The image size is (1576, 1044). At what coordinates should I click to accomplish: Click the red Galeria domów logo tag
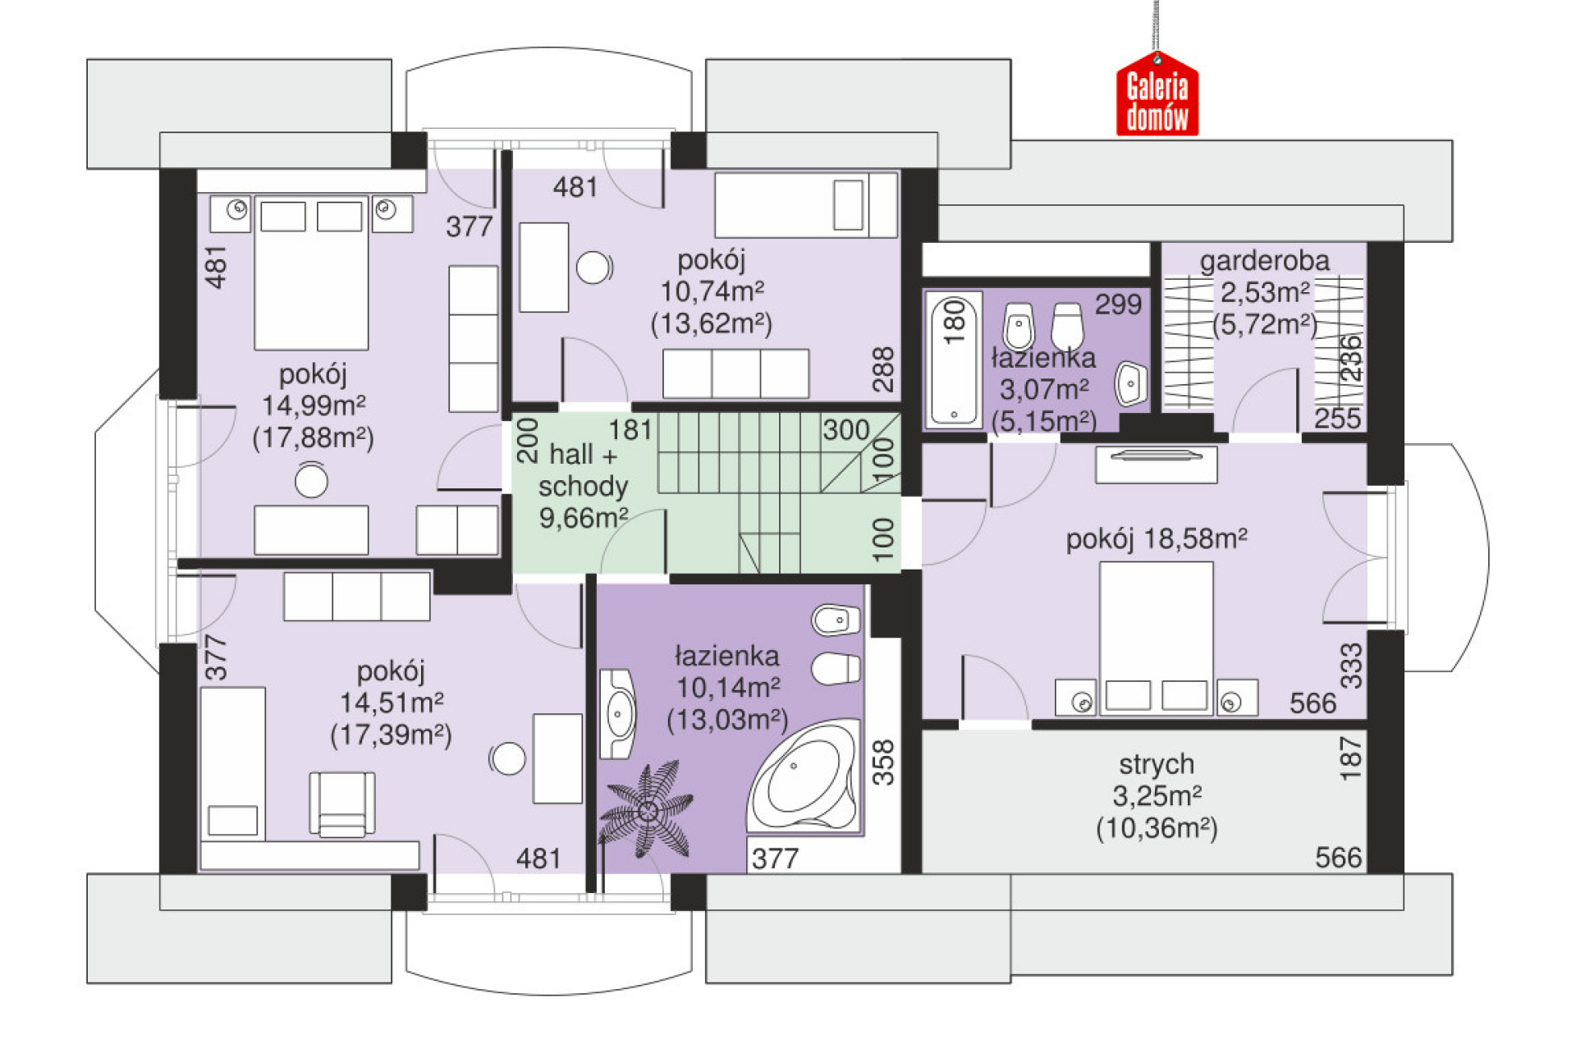coord(1157,95)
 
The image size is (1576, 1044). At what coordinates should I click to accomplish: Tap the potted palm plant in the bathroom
coord(647,810)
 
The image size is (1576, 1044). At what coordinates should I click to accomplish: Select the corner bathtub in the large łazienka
coord(804,776)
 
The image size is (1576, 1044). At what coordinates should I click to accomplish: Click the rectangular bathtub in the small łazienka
coord(954,360)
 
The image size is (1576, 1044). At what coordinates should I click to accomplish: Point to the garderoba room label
coord(1264,261)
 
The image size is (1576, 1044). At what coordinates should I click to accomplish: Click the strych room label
coord(1156,764)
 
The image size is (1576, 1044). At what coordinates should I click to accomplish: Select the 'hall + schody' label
coord(583,470)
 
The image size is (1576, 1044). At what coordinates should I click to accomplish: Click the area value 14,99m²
coord(314,405)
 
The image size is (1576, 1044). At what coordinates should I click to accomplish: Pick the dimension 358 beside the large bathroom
coord(882,762)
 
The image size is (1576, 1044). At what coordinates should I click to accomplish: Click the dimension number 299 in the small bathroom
coord(1118,304)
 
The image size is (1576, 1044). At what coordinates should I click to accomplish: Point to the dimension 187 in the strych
coord(1350,758)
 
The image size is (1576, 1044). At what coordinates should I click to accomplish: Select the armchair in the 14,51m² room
coord(342,804)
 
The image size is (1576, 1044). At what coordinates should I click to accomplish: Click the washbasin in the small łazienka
coord(1131,383)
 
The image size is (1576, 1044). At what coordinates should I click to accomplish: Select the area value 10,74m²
coord(712,291)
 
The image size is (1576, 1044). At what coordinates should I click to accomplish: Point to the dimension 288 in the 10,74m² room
coord(882,369)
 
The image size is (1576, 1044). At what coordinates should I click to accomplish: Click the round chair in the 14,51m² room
coord(506,759)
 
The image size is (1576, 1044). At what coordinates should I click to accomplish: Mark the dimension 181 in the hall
coord(630,429)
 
